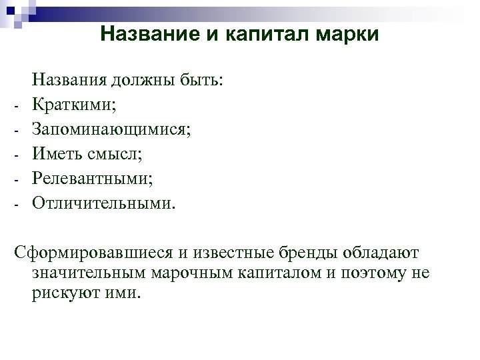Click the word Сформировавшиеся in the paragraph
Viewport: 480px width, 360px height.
coord(85,253)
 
